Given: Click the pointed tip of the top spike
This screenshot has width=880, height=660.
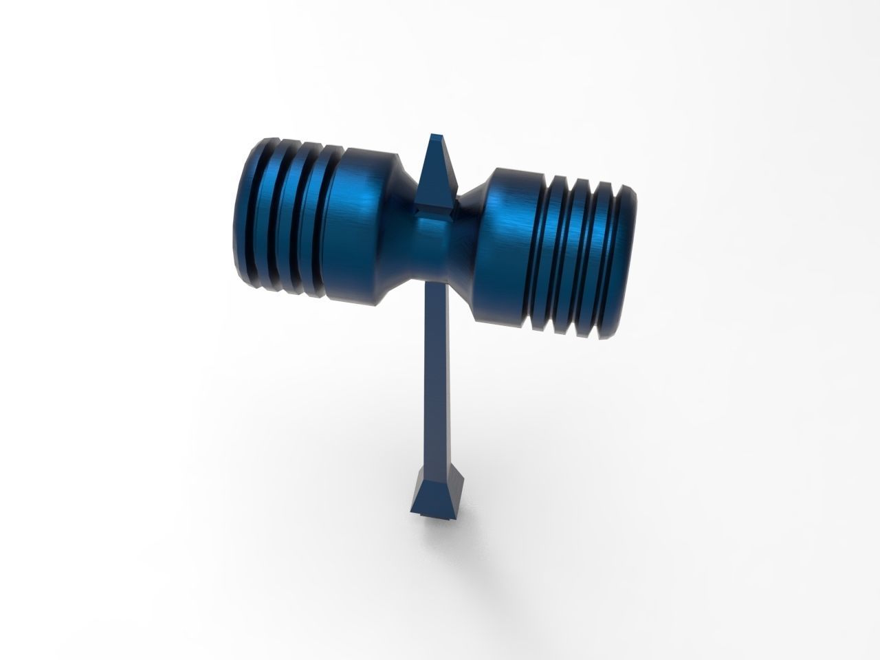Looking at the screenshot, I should click(434, 136).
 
